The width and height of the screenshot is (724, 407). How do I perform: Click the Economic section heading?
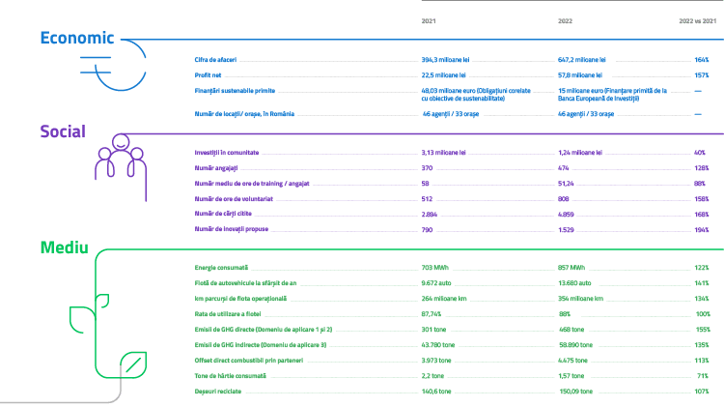click(76, 38)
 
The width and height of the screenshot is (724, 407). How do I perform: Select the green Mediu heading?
click(65, 247)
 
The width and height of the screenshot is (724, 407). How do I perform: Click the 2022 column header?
click(566, 20)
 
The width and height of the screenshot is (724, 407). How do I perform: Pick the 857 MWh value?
click(576, 266)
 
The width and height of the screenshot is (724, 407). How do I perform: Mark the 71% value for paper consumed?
click(702, 375)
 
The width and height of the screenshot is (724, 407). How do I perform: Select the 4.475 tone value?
click(575, 360)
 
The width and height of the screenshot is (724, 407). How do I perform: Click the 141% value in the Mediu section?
click(702, 281)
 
